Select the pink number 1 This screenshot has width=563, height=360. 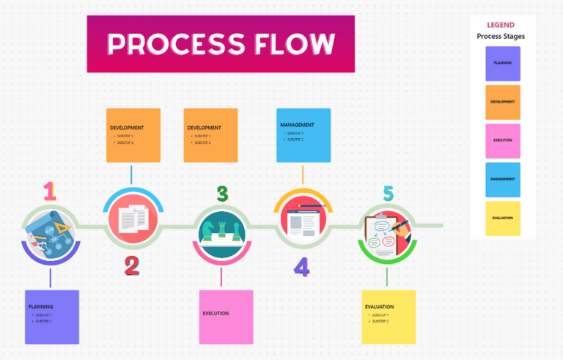coord(49,191)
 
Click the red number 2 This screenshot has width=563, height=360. coord(131,265)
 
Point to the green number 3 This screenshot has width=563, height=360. coord(222,194)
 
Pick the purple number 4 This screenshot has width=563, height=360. coord(302,267)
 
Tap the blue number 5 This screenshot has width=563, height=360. coord(388,194)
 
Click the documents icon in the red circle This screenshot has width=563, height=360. coord(133,218)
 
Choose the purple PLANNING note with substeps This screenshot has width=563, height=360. coord(51,317)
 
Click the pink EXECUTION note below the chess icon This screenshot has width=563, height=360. coord(226,317)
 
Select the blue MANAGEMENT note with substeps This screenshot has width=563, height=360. coord(303,135)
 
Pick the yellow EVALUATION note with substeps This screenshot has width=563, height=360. coord(388,317)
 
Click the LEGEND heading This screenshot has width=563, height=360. coord(501,25)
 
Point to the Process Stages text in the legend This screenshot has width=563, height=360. coord(501,36)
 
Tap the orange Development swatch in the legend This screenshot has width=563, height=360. coord(503,102)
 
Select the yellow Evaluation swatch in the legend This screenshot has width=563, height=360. coord(503,218)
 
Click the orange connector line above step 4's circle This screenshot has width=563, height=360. coord(303,175)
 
